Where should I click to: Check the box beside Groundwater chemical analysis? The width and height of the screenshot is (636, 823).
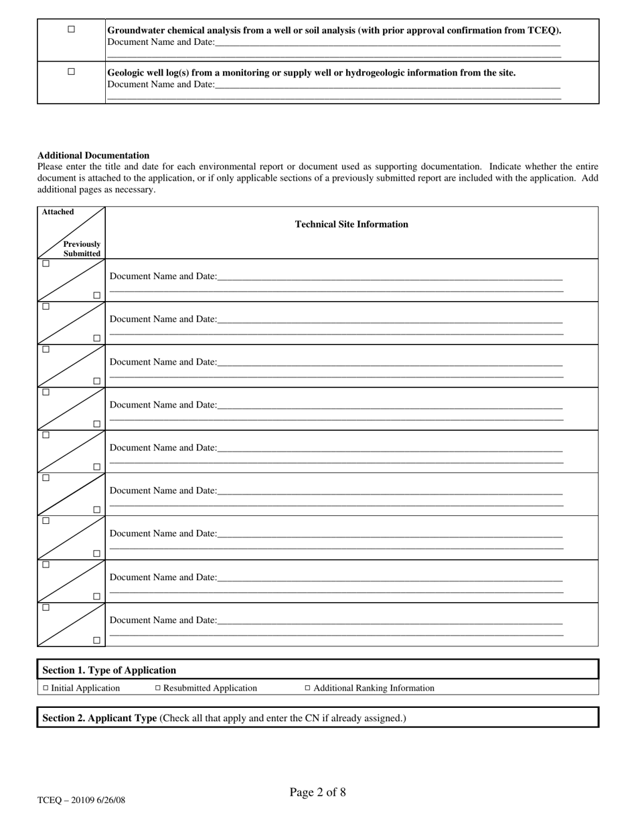point(72,29)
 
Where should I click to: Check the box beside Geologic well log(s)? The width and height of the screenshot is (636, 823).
point(72,72)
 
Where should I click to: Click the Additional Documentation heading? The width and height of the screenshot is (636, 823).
point(93,155)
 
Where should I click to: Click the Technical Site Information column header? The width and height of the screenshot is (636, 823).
point(351,224)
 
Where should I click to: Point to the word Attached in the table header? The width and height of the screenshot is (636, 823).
point(58,212)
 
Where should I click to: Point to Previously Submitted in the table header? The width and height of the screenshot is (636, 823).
point(82,249)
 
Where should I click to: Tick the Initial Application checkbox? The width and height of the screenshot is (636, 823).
point(46,688)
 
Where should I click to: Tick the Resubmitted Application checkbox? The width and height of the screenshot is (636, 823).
point(158,688)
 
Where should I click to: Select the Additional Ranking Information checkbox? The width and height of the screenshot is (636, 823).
point(308,688)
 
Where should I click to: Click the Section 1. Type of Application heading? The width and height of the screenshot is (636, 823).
point(109,670)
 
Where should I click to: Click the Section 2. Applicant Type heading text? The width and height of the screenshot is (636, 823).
point(100,718)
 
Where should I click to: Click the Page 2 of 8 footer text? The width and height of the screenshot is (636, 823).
point(317,793)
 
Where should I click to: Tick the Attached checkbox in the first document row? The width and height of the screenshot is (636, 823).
point(46,264)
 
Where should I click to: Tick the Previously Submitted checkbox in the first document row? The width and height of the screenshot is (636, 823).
point(97,295)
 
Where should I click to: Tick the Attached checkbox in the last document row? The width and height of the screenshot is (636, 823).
point(46,608)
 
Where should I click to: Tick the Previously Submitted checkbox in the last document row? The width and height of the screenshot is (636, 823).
point(97,640)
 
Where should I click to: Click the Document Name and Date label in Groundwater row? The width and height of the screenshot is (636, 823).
point(161,42)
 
